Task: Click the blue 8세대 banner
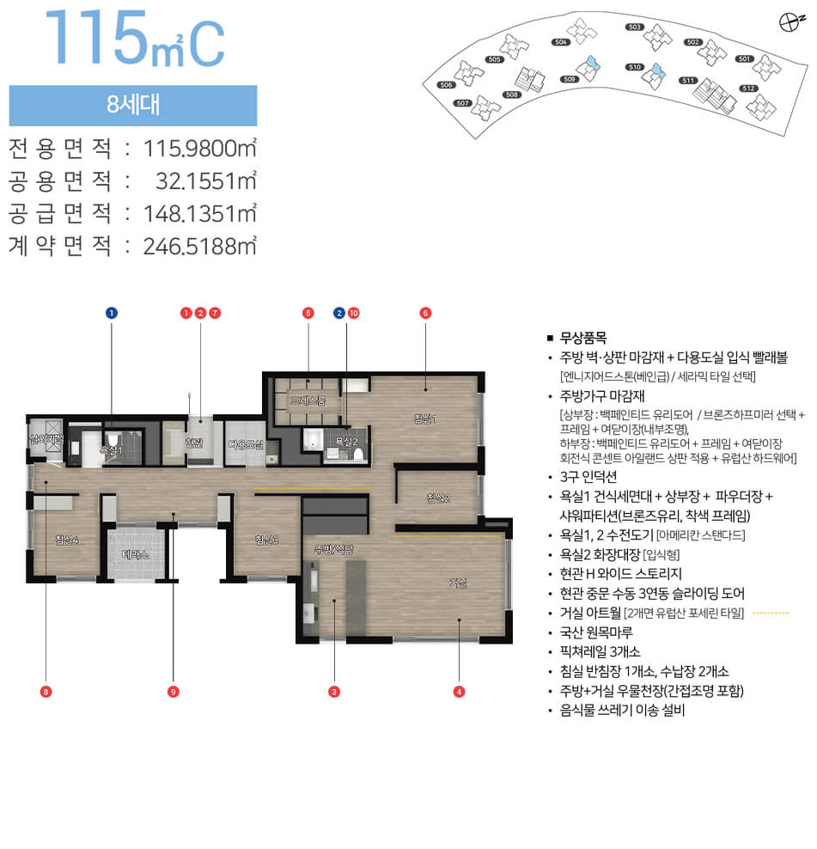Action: pyautogui.click(x=133, y=106)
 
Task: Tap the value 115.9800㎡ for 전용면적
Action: pyautogui.click(x=201, y=149)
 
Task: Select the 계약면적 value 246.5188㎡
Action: pyautogui.click(x=201, y=247)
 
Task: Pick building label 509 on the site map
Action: pyautogui.click(x=569, y=79)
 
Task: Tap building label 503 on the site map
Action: pyautogui.click(x=635, y=27)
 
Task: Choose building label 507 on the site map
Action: pyautogui.click(x=462, y=102)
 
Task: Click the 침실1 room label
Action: pyautogui.click(x=425, y=418)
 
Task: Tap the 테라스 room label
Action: pyautogui.click(x=136, y=555)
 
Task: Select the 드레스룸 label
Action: pyautogui.click(x=307, y=400)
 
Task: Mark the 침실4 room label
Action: pyautogui.click(x=66, y=540)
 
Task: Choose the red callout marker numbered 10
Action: pyautogui.click(x=353, y=313)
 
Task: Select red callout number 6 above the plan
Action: pyautogui.click(x=424, y=313)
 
